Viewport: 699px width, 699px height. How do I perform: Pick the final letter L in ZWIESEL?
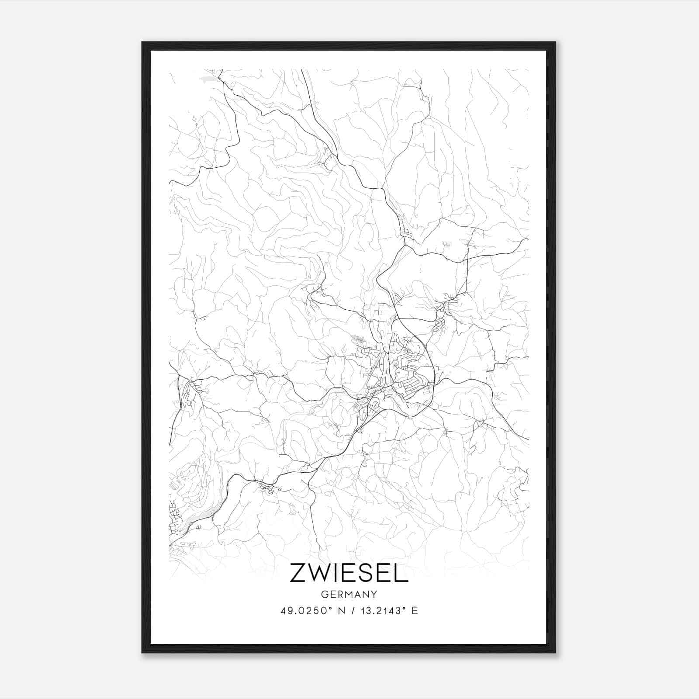[x=401, y=574]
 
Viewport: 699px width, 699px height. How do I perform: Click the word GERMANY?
[x=349, y=594]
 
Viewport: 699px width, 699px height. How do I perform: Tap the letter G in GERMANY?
[x=324, y=594]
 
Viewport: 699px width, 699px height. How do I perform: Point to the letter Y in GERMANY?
[x=374, y=594]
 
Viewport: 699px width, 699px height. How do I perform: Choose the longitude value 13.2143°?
[x=378, y=610]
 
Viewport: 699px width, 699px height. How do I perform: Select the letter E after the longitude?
[x=415, y=610]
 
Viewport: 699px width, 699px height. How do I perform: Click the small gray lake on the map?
[x=208, y=80]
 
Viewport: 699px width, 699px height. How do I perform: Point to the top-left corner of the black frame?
[x=142, y=42]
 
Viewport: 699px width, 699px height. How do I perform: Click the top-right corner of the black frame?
[x=555, y=42]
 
